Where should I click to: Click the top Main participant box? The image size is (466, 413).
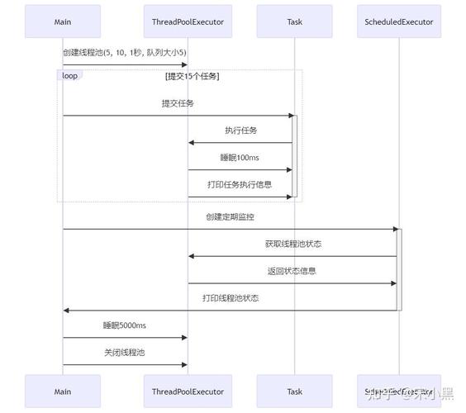point(63,21)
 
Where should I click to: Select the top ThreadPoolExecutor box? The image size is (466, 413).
point(188,21)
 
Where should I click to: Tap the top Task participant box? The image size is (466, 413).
point(294,21)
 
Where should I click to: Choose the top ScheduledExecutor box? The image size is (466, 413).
point(398,21)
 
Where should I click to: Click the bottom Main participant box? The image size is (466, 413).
point(63,392)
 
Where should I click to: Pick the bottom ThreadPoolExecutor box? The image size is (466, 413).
point(188,392)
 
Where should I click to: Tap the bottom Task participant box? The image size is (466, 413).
point(294,392)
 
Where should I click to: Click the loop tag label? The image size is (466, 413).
point(69,75)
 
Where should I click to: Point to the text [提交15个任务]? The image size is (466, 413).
point(192,76)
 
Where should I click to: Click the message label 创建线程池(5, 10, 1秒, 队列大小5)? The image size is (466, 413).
point(125,52)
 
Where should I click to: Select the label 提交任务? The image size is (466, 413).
point(178,103)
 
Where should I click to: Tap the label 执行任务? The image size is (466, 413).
point(240,131)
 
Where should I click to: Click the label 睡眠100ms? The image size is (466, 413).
point(240,157)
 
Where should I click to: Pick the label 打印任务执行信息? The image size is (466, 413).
point(240,184)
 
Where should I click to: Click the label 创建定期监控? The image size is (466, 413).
point(231,216)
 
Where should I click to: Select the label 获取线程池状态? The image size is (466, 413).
point(292,244)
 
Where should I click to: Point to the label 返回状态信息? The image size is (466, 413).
point(292,270)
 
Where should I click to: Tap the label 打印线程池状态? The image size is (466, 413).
point(231,297)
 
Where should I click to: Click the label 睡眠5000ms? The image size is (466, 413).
point(125,325)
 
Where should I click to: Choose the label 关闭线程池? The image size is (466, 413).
point(125,352)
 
